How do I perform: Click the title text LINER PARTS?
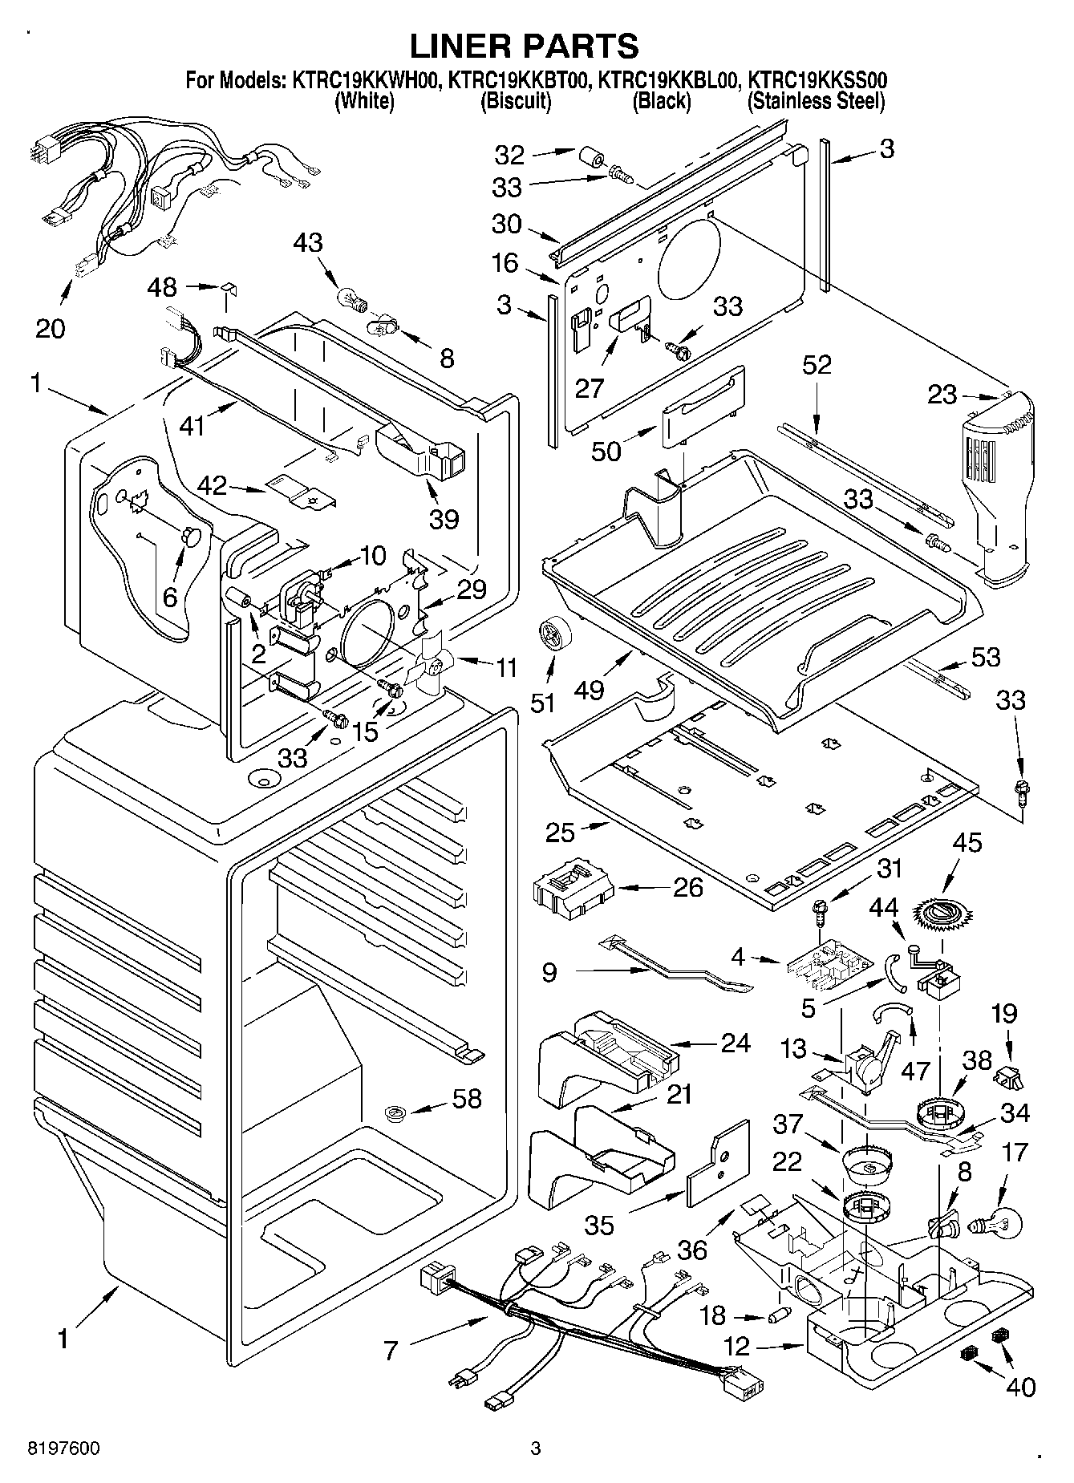coord(525,46)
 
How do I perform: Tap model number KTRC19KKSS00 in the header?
coord(817,80)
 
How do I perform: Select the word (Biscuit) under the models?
coord(515,101)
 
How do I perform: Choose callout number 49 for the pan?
coord(590,689)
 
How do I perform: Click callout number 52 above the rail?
coord(817,365)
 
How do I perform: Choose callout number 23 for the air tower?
coord(943,394)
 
